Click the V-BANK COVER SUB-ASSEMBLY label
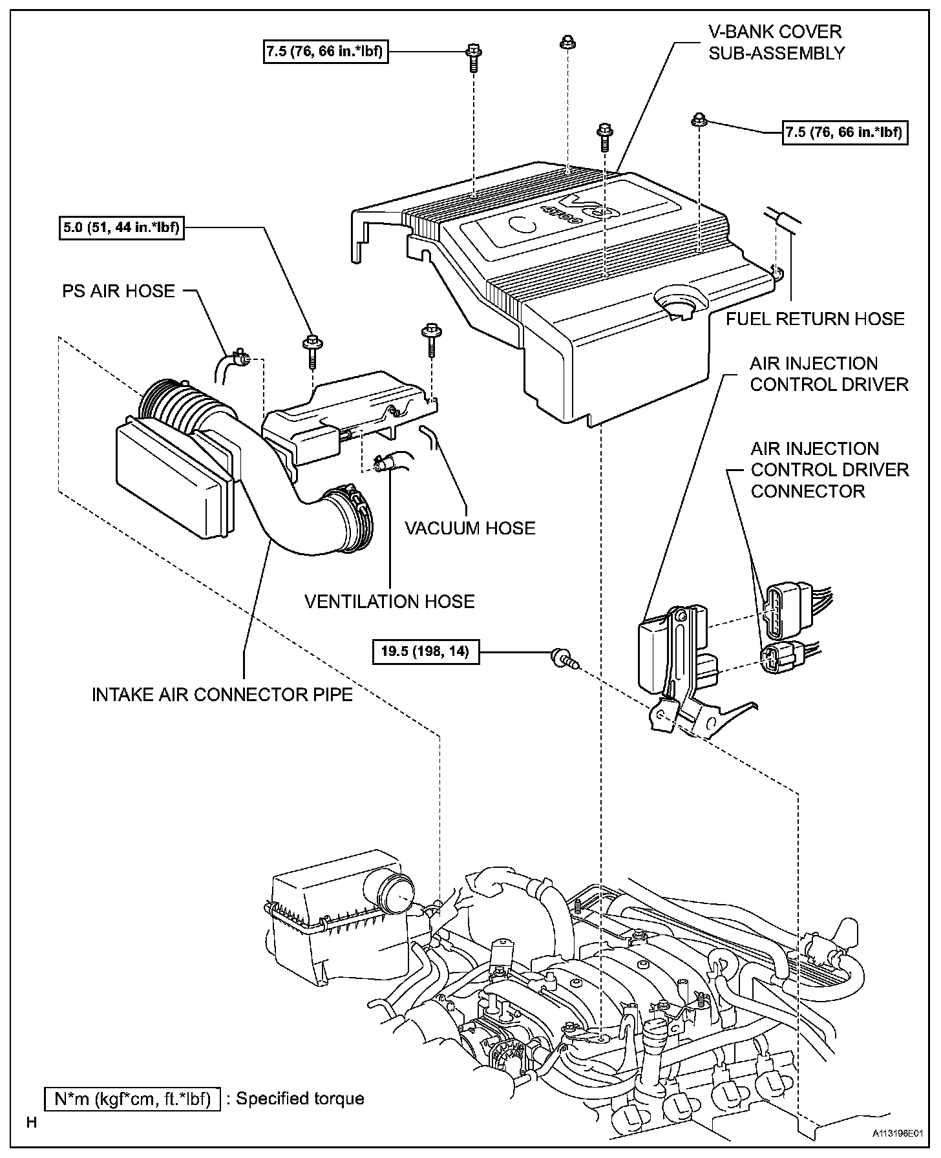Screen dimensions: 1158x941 [776, 42]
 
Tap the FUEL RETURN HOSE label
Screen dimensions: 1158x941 [815, 319]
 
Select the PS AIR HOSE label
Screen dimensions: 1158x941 [118, 291]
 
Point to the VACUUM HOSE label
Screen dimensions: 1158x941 [470, 528]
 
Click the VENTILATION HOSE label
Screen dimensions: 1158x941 [390, 602]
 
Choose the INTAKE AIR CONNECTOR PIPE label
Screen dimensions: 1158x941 [222, 694]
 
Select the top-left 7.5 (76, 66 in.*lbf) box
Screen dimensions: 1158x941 [326, 52]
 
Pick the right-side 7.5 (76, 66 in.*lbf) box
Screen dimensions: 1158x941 [845, 132]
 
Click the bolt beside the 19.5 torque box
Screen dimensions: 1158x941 [562, 658]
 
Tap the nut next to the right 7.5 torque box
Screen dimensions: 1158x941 [699, 120]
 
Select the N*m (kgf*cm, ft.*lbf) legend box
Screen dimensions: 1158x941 [132, 1099]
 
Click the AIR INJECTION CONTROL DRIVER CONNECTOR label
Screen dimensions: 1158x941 [830, 470]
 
